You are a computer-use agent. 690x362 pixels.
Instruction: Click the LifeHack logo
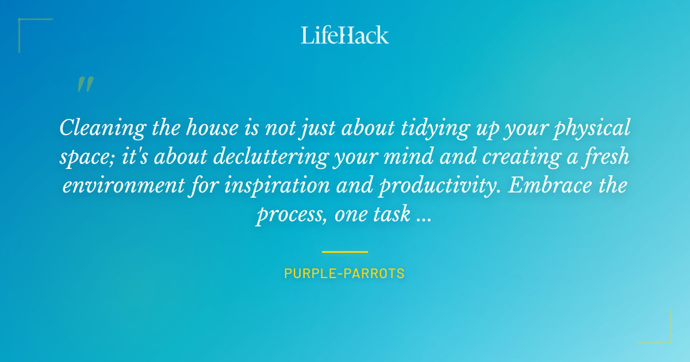345,35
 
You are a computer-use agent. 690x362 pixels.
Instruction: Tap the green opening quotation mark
85,84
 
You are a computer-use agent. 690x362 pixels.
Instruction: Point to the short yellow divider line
345,252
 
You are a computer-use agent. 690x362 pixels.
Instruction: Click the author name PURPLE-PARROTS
344,274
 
